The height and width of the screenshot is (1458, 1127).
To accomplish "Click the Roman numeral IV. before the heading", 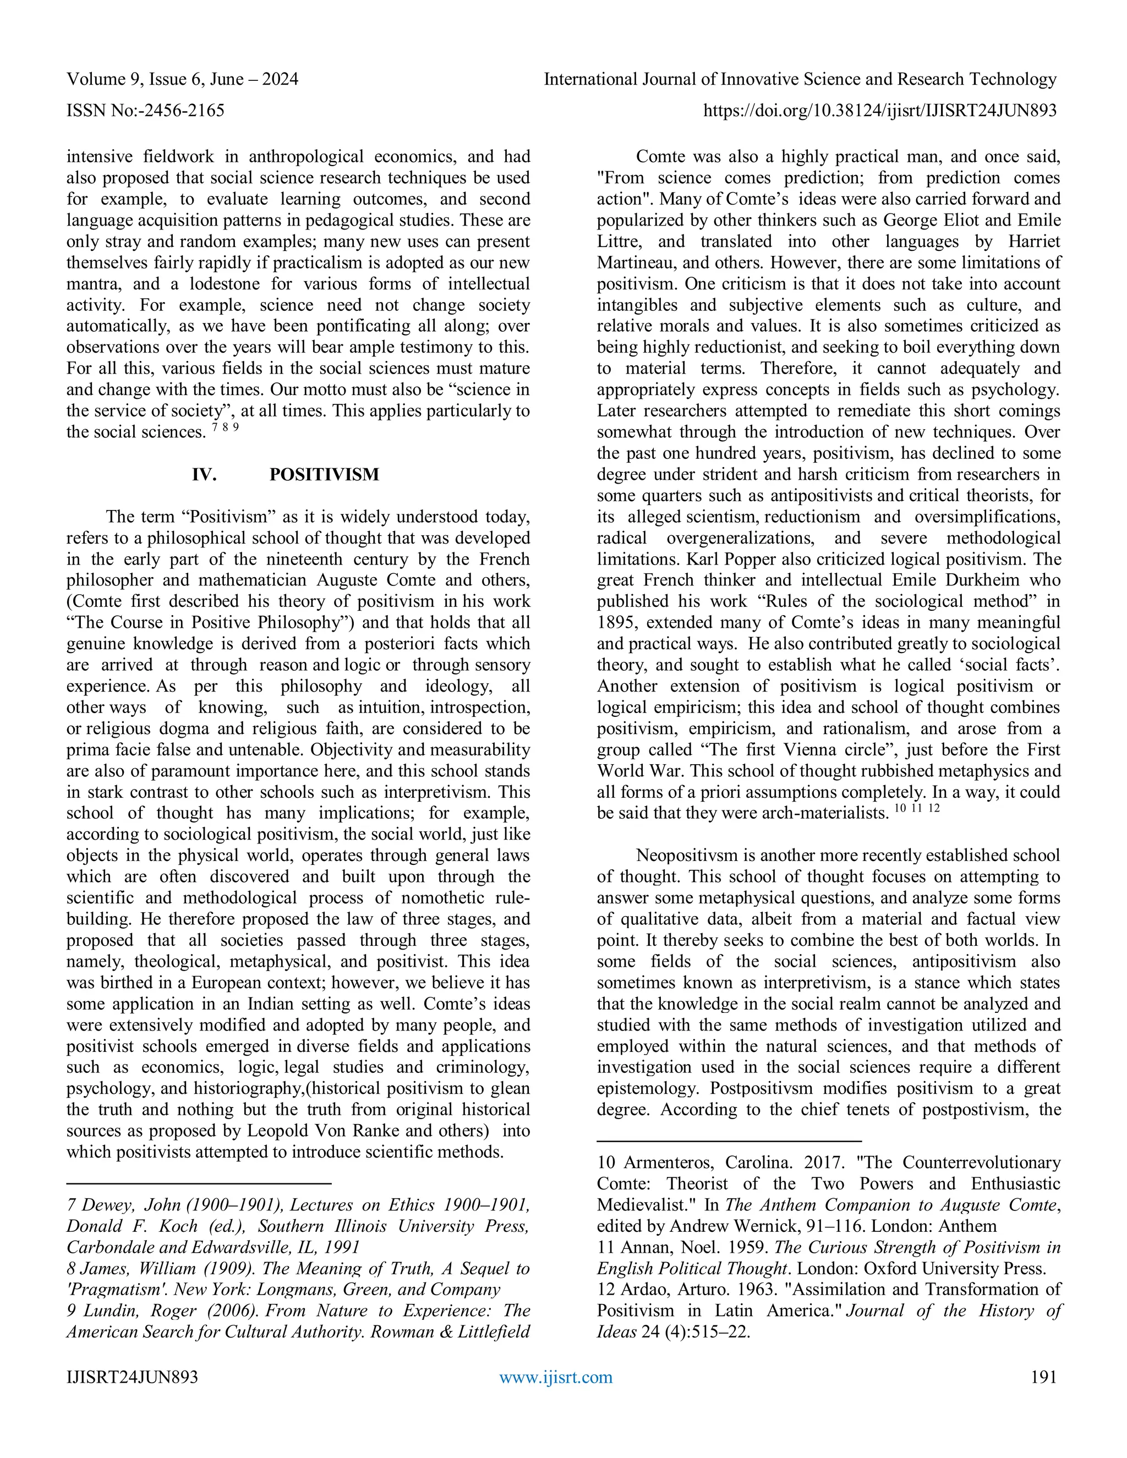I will [204, 475].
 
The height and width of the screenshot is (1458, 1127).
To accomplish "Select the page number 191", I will [1043, 1377].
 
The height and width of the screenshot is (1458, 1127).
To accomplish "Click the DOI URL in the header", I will [880, 110].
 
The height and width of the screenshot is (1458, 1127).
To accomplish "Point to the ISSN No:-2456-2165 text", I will [145, 110].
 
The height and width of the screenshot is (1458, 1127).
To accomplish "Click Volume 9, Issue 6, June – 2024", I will [182, 79].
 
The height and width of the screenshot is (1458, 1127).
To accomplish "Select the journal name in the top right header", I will [800, 79].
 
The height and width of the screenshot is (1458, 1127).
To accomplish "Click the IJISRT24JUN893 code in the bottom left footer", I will [132, 1377].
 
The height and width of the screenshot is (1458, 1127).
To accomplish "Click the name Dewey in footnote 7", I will [108, 1205].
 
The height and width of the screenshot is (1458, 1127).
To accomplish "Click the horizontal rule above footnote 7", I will [199, 1183].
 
